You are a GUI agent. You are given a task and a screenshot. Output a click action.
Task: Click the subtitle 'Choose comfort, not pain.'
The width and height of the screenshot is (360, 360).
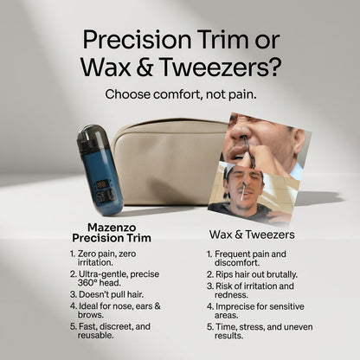[x=179, y=93]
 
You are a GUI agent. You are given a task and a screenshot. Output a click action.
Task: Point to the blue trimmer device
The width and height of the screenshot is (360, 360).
[x=99, y=170]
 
